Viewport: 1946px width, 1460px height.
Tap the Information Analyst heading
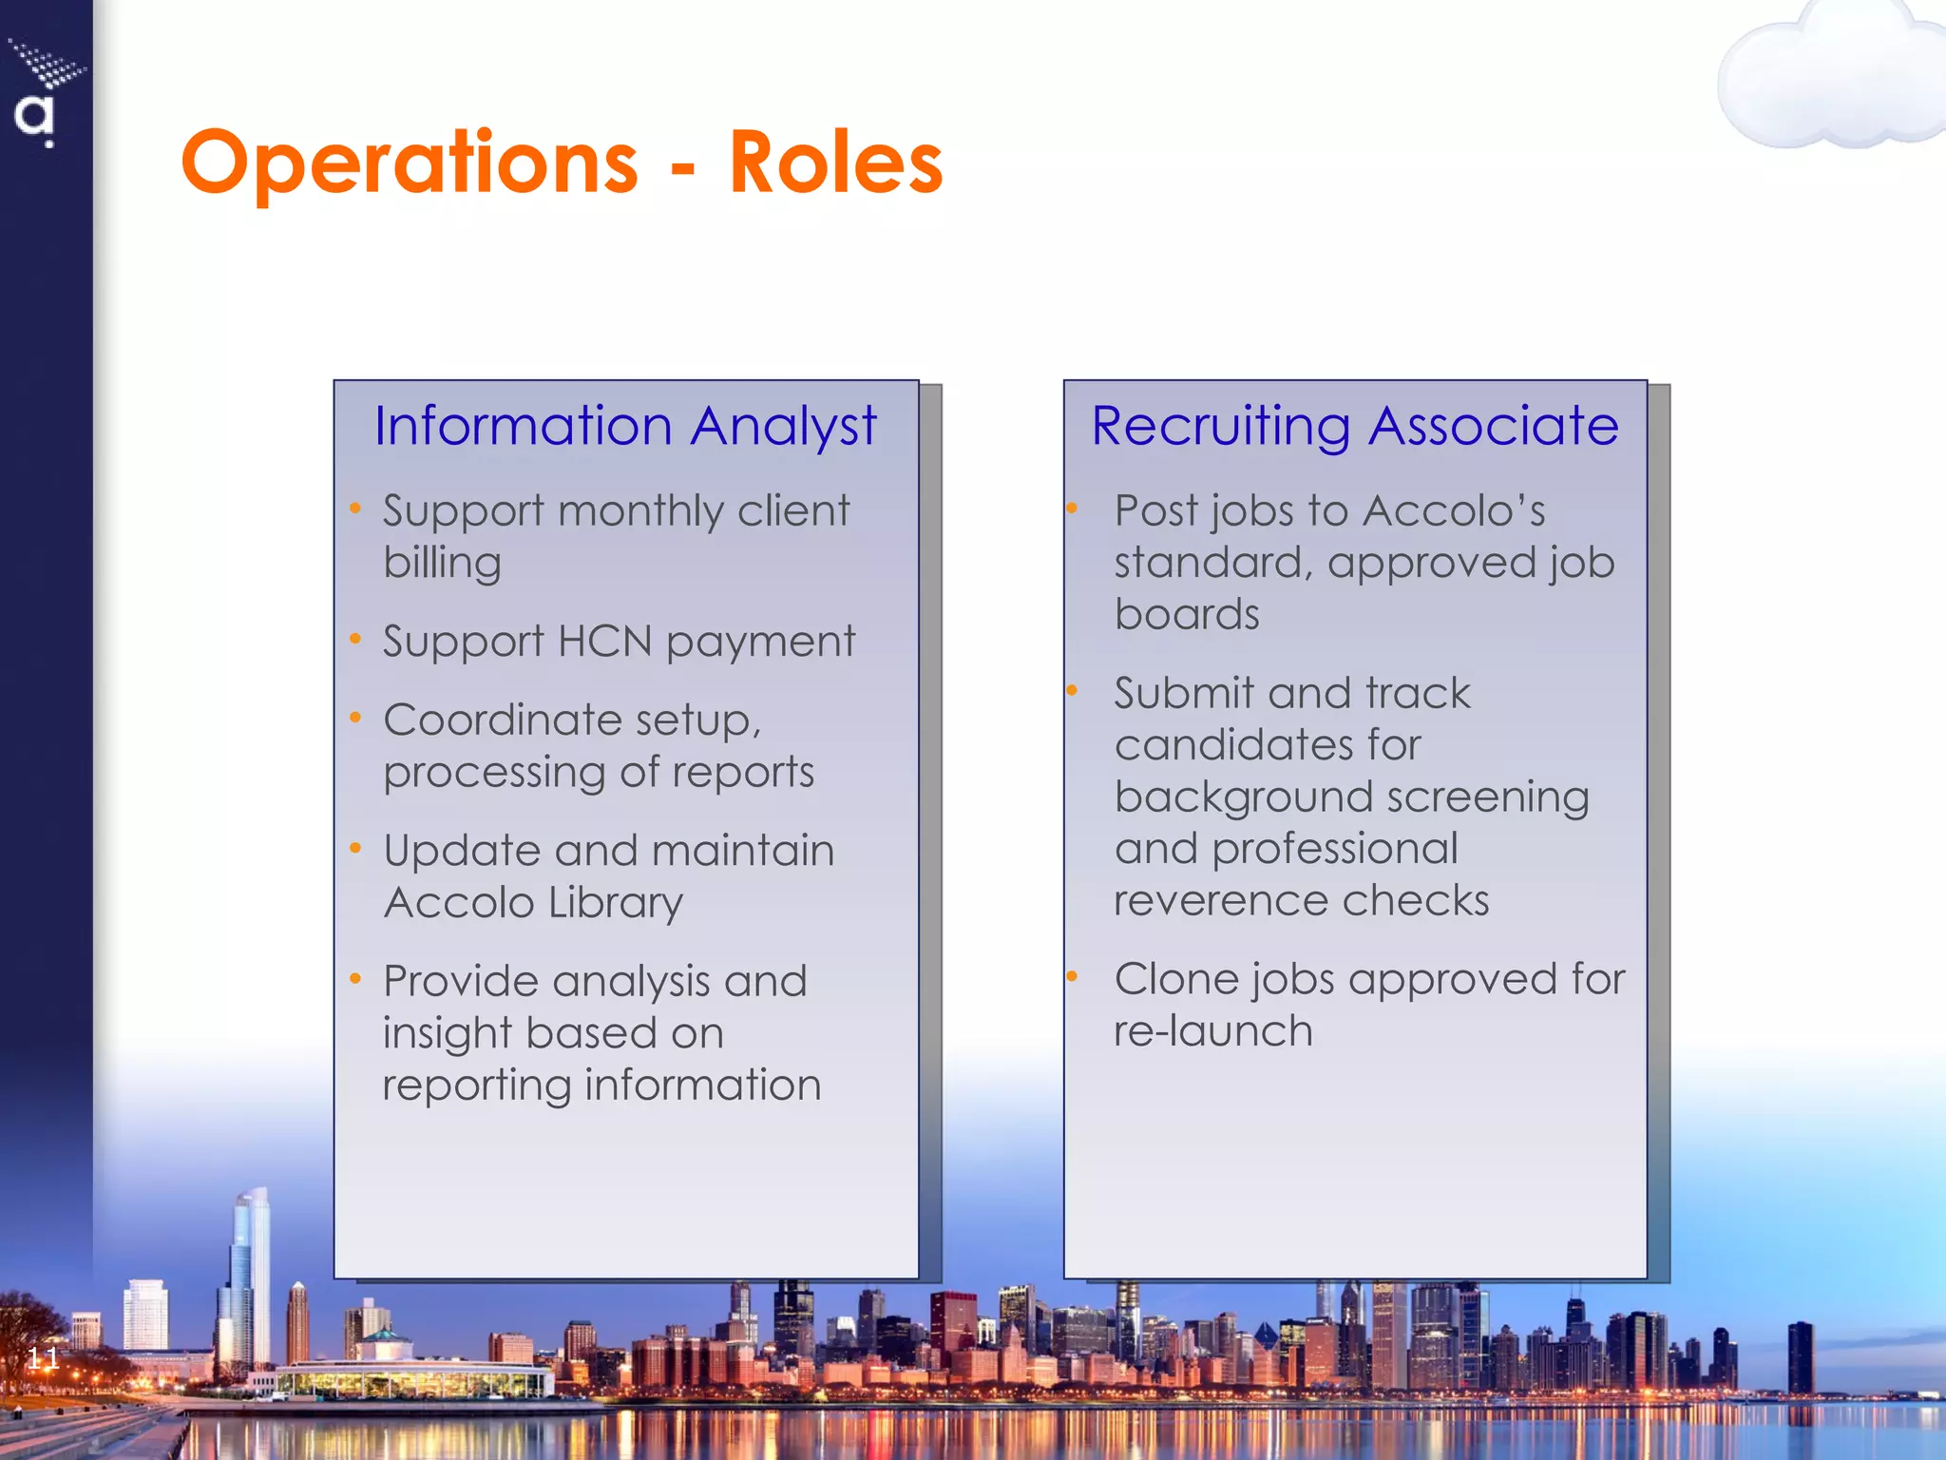pyautogui.click(x=625, y=425)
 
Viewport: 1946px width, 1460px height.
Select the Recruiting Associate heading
pyautogui.click(x=1355, y=425)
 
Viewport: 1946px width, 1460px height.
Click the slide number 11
pyautogui.click(x=43, y=1357)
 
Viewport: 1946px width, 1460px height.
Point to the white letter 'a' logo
pyautogui.click(x=34, y=117)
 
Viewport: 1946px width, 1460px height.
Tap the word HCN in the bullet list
pyautogui.click(x=604, y=641)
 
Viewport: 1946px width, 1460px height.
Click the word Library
pyautogui.click(x=616, y=902)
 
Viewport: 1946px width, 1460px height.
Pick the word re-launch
pyautogui.click(x=1213, y=1031)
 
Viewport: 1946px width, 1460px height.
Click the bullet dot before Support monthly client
pyautogui.click(x=355, y=509)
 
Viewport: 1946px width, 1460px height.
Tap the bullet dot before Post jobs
pyautogui.click(x=1072, y=509)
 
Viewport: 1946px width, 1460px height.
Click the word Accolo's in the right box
pyautogui.click(x=1454, y=510)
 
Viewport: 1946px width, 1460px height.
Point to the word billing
pyautogui.click(x=442, y=563)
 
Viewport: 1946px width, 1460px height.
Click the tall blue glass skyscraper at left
pyautogui.click(x=249, y=1274)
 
